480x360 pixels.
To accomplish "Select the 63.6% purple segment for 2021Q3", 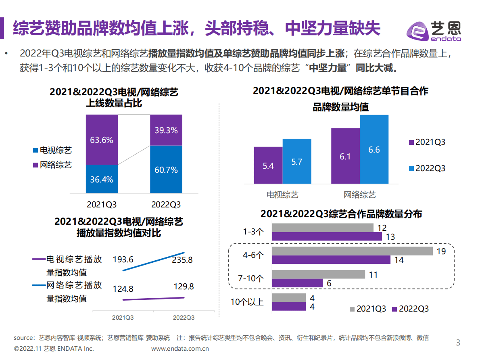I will click(102, 140).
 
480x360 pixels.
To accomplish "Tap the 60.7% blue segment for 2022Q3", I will click(166, 170).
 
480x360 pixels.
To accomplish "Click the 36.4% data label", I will click(102, 180).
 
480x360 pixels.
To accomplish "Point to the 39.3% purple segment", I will click(166, 130).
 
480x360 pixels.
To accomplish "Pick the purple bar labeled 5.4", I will click(268, 165).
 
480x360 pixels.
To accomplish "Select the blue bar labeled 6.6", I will click(374, 149).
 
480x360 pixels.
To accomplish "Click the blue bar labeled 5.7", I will click(297, 161).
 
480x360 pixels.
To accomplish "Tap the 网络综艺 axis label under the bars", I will click(360, 195).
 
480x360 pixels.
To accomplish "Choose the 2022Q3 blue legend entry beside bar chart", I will click(427, 168).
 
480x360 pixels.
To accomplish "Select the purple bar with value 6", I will click(297, 283).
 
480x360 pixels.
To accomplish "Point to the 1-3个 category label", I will click(253, 232).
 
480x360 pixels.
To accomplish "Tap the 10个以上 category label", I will click(247, 302).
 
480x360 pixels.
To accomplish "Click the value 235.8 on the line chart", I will click(182, 260).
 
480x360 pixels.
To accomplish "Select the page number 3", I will click(458, 343).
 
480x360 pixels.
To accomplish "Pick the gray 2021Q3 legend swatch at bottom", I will click(352, 309).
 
